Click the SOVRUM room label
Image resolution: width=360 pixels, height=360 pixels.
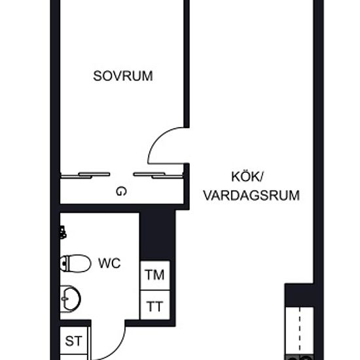123,76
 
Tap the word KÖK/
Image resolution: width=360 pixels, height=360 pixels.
247,177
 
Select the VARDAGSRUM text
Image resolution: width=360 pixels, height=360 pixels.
251,196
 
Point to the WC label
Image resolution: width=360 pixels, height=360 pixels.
109,263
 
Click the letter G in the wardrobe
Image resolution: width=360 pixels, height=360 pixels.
121,191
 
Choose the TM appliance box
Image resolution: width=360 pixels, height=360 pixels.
155,275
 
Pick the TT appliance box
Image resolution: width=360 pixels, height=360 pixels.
155,305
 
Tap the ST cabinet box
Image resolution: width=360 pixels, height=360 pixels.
74,340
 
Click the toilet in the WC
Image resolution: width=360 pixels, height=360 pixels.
75,263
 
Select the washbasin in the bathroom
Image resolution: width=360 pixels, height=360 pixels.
70,299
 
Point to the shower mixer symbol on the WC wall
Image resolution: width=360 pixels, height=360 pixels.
63,232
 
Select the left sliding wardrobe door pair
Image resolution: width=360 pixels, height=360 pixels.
85,175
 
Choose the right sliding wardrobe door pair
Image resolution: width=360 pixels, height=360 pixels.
158,175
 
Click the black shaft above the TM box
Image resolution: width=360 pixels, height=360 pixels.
157,234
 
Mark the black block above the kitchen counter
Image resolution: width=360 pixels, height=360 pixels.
299,295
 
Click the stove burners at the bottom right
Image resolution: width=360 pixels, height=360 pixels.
299,357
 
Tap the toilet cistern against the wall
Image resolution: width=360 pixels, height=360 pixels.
64,264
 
